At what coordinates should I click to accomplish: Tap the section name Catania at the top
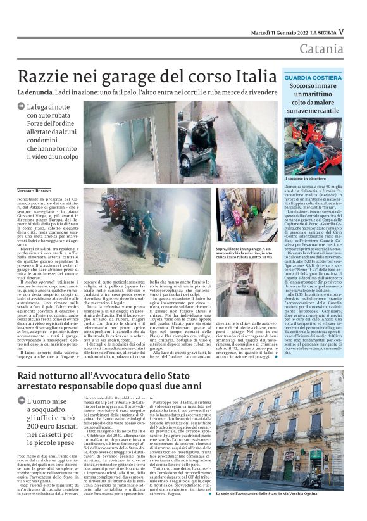coord(322,49)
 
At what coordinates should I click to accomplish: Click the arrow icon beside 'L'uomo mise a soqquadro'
coord(22,401)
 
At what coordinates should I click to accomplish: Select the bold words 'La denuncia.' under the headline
coord(37,93)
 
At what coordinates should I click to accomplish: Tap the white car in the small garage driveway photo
coord(242,285)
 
